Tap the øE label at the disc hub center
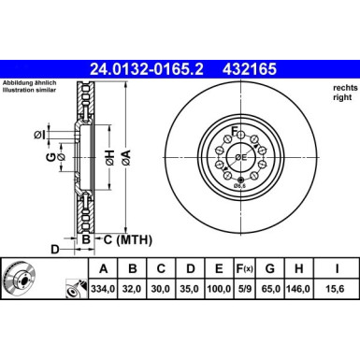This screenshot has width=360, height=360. (240, 156)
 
